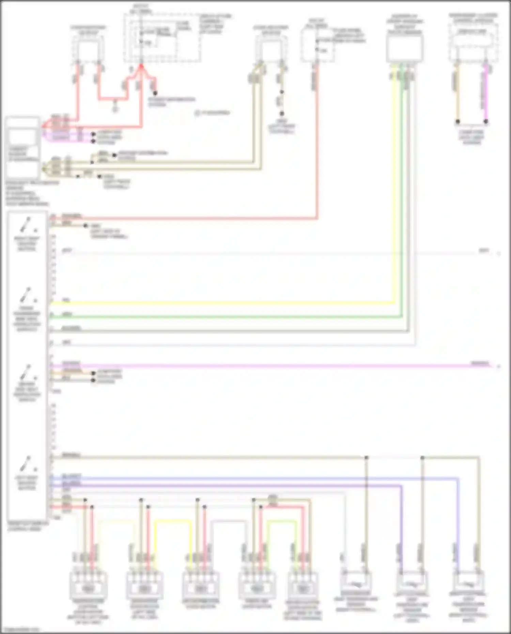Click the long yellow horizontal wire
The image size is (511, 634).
coord(221,303)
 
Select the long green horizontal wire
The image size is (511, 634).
coord(221,317)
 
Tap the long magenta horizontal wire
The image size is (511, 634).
coord(273,366)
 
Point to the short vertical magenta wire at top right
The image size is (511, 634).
coord(486,92)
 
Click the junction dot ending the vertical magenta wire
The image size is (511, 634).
coord(486,121)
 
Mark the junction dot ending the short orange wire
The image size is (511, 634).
coord(458,121)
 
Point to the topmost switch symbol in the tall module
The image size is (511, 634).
coord(27,225)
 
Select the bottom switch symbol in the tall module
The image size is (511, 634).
coord(27,464)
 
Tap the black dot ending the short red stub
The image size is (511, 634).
coord(155,93)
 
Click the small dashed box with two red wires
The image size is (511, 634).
coord(88,49)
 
